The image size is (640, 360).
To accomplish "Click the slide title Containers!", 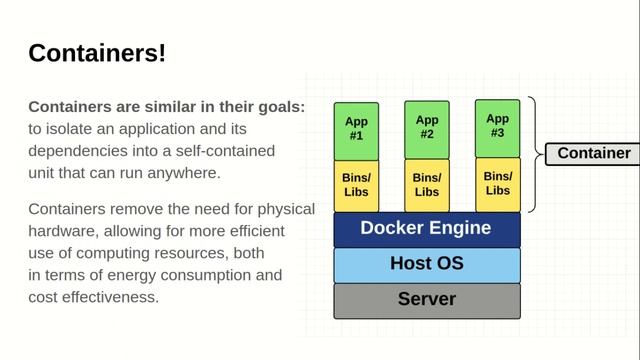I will pyautogui.click(x=97, y=53).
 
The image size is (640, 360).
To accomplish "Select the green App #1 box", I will pyautogui.click(x=356, y=129).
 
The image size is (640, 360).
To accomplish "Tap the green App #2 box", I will pyautogui.click(x=427, y=127).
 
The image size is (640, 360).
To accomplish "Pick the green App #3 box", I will pyautogui.click(x=497, y=125).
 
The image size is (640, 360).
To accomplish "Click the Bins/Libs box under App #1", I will pyautogui.click(x=356, y=185).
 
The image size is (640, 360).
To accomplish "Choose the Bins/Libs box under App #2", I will pyautogui.click(x=427, y=185).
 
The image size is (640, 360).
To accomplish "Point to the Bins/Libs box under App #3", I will pyautogui.click(x=497, y=183).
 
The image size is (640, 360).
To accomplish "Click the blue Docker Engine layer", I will pyautogui.click(x=426, y=229).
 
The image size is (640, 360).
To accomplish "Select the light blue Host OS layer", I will pyautogui.click(x=426, y=265).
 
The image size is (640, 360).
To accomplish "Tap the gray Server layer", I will pyautogui.click(x=426, y=299).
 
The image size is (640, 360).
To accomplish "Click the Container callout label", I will pyautogui.click(x=592, y=154).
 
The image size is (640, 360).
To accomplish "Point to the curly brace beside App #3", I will pyautogui.click(x=533, y=154).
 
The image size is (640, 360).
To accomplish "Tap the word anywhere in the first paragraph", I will pyautogui.click(x=187, y=173).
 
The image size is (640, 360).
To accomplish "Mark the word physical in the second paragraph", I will pyautogui.click(x=285, y=209).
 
